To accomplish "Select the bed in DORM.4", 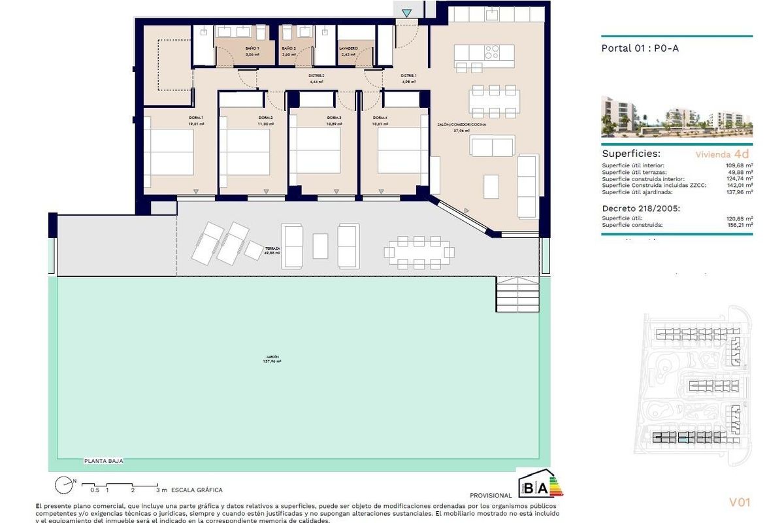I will tap(402, 150).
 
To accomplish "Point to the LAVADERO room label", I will tap(348, 49).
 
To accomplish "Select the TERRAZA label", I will tap(272, 249).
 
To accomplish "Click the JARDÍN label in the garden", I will tap(272, 357).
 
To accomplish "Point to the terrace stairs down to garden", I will tap(516, 296).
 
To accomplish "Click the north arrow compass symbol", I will tap(64, 486).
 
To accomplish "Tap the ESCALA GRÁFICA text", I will tap(197, 490).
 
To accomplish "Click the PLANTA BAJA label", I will tap(103, 461).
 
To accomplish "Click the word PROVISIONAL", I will tap(491, 496).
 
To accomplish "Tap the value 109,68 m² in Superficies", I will tap(740, 165).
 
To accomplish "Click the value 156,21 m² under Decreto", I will tap(740, 225).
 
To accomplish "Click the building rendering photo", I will tap(676, 117).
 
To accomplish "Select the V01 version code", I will tap(740, 502).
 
